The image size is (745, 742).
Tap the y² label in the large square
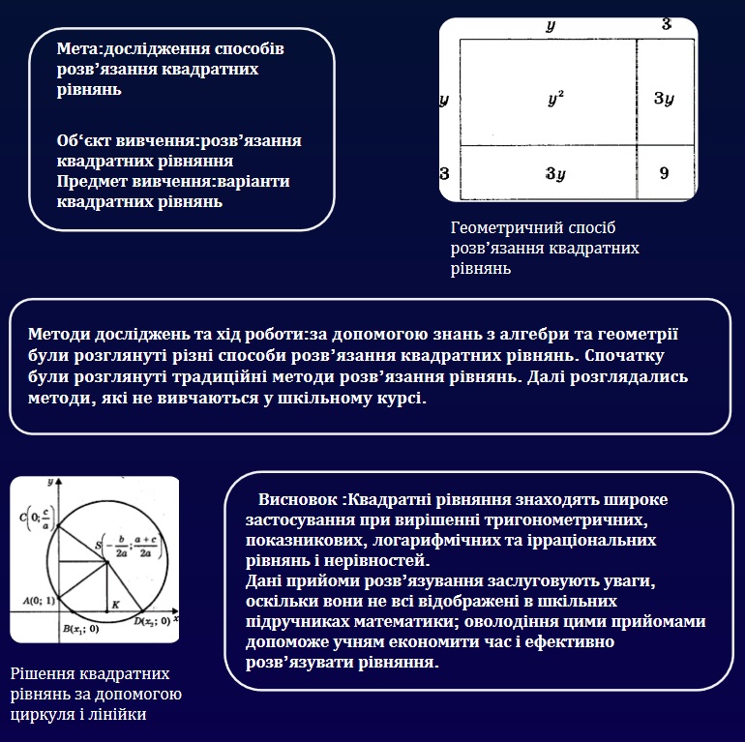tap(555, 98)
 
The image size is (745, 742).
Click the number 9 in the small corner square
tap(663, 173)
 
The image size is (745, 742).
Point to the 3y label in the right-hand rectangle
tap(663, 98)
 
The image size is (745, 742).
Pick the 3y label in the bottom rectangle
tap(555, 174)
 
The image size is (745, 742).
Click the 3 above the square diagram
tap(666, 23)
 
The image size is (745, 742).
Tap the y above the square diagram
tap(551, 25)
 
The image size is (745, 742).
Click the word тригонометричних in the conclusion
tap(563, 520)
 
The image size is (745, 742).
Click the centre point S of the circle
tap(104, 548)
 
